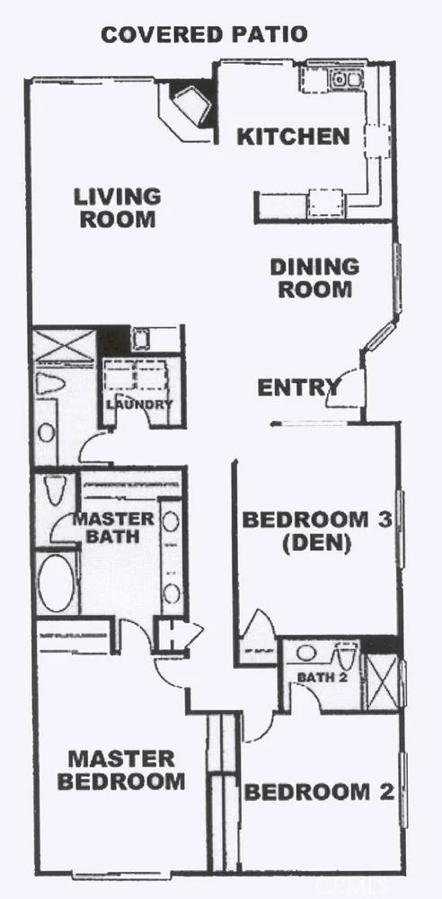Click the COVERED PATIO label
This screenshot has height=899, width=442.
tap(204, 35)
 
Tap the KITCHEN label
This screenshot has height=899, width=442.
tap(292, 137)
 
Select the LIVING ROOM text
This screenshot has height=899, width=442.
tap(117, 207)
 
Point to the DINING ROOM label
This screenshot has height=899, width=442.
tap(314, 278)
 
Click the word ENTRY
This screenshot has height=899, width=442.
tap(298, 388)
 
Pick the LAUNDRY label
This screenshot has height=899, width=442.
tap(138, 405)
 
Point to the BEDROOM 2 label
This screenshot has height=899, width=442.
tap(319, 792)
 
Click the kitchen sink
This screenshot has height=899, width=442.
tap(346, 80)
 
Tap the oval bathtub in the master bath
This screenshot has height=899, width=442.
tap(57, 583)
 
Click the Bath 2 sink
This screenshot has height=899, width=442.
tap(307, 653)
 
